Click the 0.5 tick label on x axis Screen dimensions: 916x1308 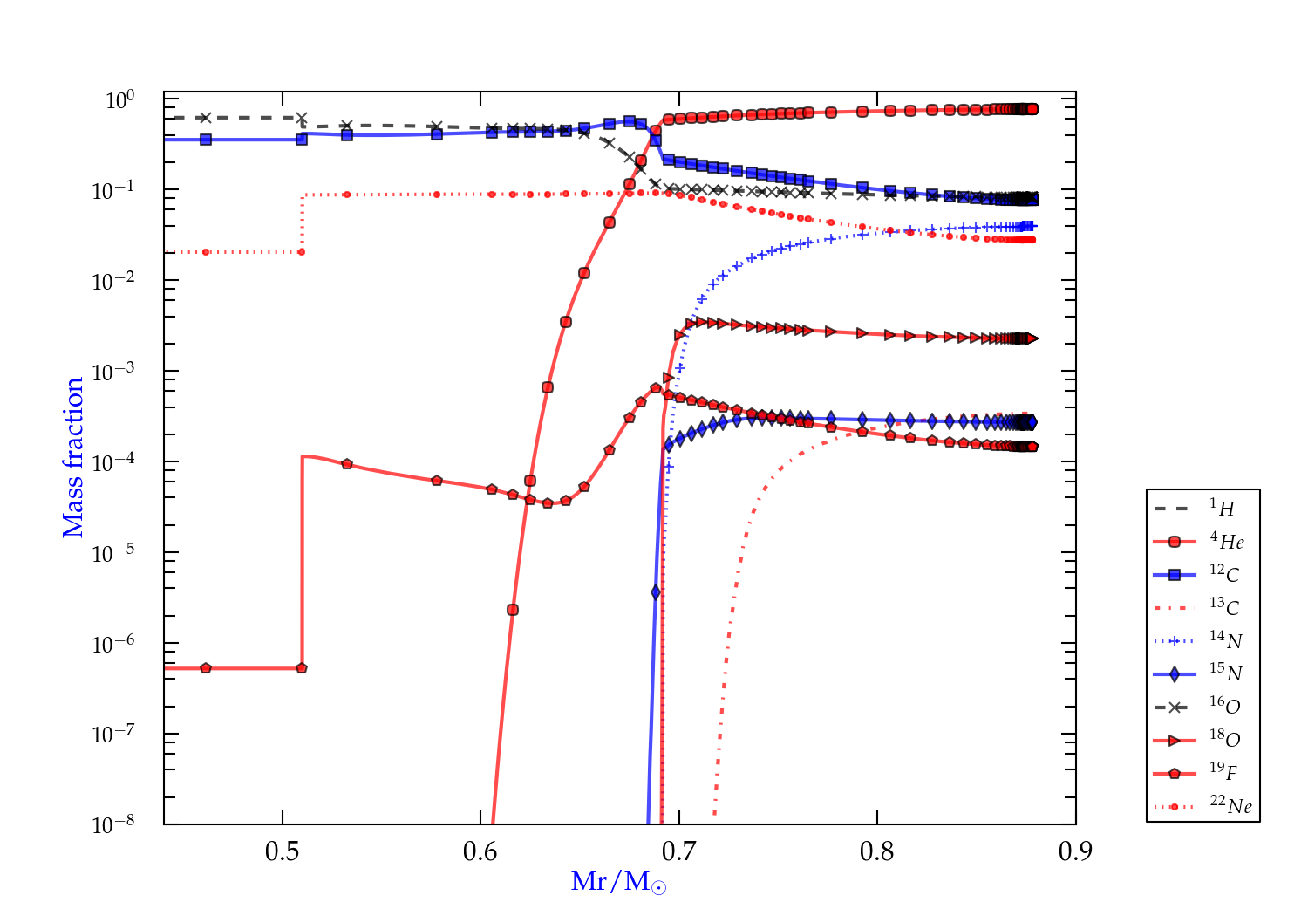[x=283, y=851]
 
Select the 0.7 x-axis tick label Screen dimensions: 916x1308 [x=679, y=851]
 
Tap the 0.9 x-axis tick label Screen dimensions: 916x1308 [x=1075, y=851]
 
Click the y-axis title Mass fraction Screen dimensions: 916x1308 [x=73, y=457]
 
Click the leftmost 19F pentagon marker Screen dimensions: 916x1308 [x=206, y=668]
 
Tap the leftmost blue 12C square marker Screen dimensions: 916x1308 [x=206, y=140]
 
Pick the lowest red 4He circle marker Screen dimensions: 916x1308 [x=513, y=610]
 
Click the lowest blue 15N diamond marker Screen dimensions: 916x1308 [x=656, y=592]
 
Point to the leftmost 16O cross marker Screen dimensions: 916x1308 [x=206, y=118]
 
